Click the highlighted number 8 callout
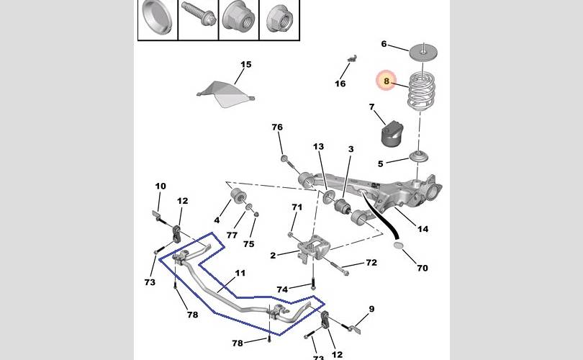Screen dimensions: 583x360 [387, 81]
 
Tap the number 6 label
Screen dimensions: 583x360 [384, 44]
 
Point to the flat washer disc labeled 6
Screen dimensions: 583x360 [423, 52]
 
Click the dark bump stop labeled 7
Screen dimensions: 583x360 [391, 134]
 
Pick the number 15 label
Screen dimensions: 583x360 [245, 64]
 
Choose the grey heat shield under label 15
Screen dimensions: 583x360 [225, 94]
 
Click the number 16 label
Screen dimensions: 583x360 [340, 84]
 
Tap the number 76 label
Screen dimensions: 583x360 [277, 127]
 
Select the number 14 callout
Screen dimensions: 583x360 [422, 229]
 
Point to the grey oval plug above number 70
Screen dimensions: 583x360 [398, 245]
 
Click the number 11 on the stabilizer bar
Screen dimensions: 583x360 [240, 273]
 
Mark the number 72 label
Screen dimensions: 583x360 [371, 263]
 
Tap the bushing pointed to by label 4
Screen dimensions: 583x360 [237, 196]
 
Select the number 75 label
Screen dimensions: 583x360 [249, 244]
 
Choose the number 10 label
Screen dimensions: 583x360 [161, 186]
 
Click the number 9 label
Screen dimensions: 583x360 [371, 309]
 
